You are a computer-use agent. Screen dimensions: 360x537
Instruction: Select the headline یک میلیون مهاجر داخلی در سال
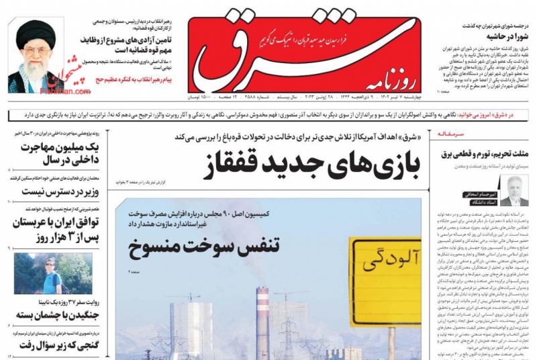click(x=54, y=154)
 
